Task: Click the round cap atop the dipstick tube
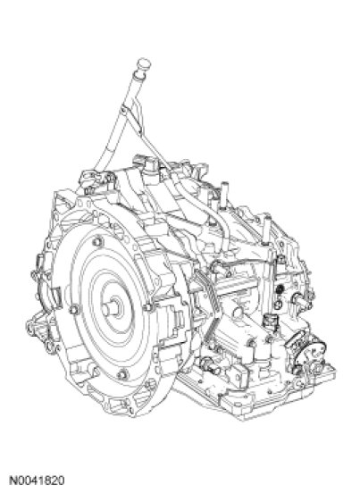(x=144, y=64)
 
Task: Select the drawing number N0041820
(x=37, y=480)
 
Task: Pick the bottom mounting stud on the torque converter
(x=122, y=374)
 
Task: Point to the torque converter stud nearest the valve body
(x=147, y=307)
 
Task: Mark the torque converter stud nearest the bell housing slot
(x=74, y=310)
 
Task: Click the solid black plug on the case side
(x=280, y=288)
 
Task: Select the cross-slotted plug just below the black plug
(x=278, y=304)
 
